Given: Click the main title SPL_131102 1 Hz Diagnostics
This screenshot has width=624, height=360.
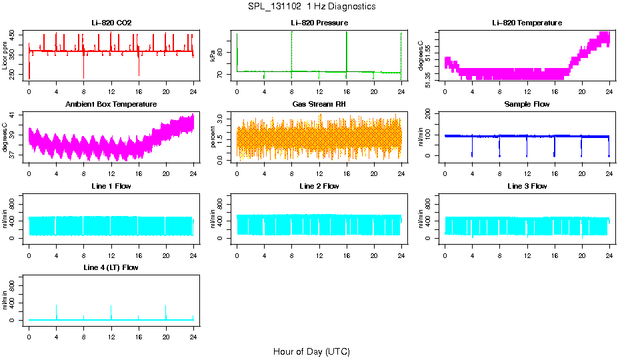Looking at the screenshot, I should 311,7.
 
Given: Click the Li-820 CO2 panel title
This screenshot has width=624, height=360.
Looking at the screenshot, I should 111,23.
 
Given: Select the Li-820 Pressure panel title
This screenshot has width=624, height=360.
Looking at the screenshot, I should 319,23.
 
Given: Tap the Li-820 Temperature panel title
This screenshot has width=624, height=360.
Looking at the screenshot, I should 527,23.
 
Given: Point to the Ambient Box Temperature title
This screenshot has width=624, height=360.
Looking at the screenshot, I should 111,105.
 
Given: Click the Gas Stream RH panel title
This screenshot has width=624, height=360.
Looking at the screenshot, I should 319,105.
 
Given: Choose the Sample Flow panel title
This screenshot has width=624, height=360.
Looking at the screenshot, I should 527,105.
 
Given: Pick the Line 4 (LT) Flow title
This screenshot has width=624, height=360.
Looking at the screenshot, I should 111,267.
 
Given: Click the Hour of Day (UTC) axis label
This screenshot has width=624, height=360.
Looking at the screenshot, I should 311,351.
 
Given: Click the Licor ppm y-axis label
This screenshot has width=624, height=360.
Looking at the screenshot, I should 6,56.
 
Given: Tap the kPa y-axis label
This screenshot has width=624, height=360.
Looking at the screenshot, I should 214,56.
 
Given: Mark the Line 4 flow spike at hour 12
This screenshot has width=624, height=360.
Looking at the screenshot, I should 111,310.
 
